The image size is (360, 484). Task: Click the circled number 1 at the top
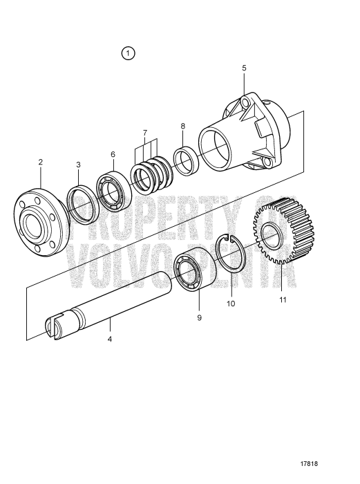129,53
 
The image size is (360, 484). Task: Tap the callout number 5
244,68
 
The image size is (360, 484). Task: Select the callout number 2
41,162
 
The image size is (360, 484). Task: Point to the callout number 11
282,301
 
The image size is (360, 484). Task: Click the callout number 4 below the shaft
110,339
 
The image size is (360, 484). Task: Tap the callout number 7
144,132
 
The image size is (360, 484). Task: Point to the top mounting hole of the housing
244,104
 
